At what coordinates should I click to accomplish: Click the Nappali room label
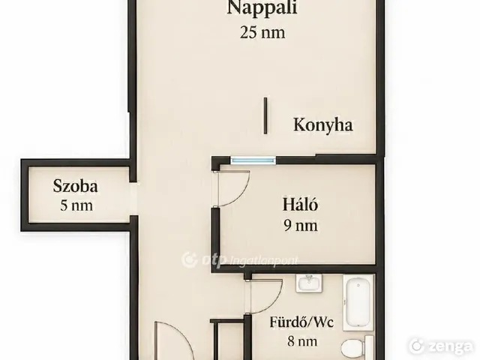262,7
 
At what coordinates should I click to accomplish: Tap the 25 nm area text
262,32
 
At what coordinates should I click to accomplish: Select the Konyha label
323,125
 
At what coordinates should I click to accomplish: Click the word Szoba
75,186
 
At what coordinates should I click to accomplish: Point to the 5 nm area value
76,205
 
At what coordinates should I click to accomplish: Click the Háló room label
300,204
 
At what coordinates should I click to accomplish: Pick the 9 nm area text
301,226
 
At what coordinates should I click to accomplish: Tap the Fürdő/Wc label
301,322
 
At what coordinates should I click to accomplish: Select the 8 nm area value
301,341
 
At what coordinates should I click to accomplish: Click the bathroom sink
309,283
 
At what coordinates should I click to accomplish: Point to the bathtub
358,302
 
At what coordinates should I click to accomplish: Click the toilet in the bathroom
357,348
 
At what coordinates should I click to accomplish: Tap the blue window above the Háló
253,160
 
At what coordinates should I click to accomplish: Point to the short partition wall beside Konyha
265,115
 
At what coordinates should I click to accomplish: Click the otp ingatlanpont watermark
239,260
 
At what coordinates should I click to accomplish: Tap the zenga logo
441,346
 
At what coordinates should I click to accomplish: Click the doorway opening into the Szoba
133,199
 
